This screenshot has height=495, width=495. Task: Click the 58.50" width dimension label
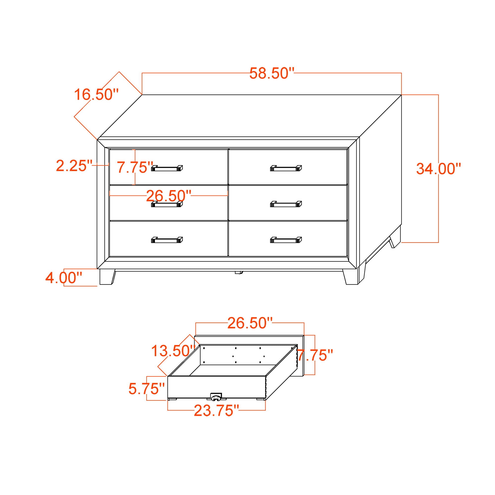pyautogui.click(x=272, y=74)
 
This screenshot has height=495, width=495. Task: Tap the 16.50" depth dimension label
pyautogui.click(x=97, y=95)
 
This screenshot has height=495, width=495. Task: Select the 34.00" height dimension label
pyautogui.click(x=438, y=169)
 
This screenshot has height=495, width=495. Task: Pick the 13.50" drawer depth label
pyautogui.click(x=173, y=351)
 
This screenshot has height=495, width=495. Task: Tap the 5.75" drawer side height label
pyautogui.click(x=147, y=389)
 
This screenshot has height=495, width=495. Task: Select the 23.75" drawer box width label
pyautogui.click(x=216, y=411)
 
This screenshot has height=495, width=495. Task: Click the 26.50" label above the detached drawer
pyautogui.click(x=250, y=323)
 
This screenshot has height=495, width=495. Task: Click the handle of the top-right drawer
pyautogui.click(x=286, y=168)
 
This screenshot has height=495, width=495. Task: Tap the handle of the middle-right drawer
pyautogui.click(x=286, y=204)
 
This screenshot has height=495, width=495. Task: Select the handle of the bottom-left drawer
pyautogui.click(x=167, y=240)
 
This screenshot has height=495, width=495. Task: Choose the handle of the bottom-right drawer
pyautogui.click(x=286, y=240)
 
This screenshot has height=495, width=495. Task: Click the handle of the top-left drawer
pyautogui.click(x=167, y=168)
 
